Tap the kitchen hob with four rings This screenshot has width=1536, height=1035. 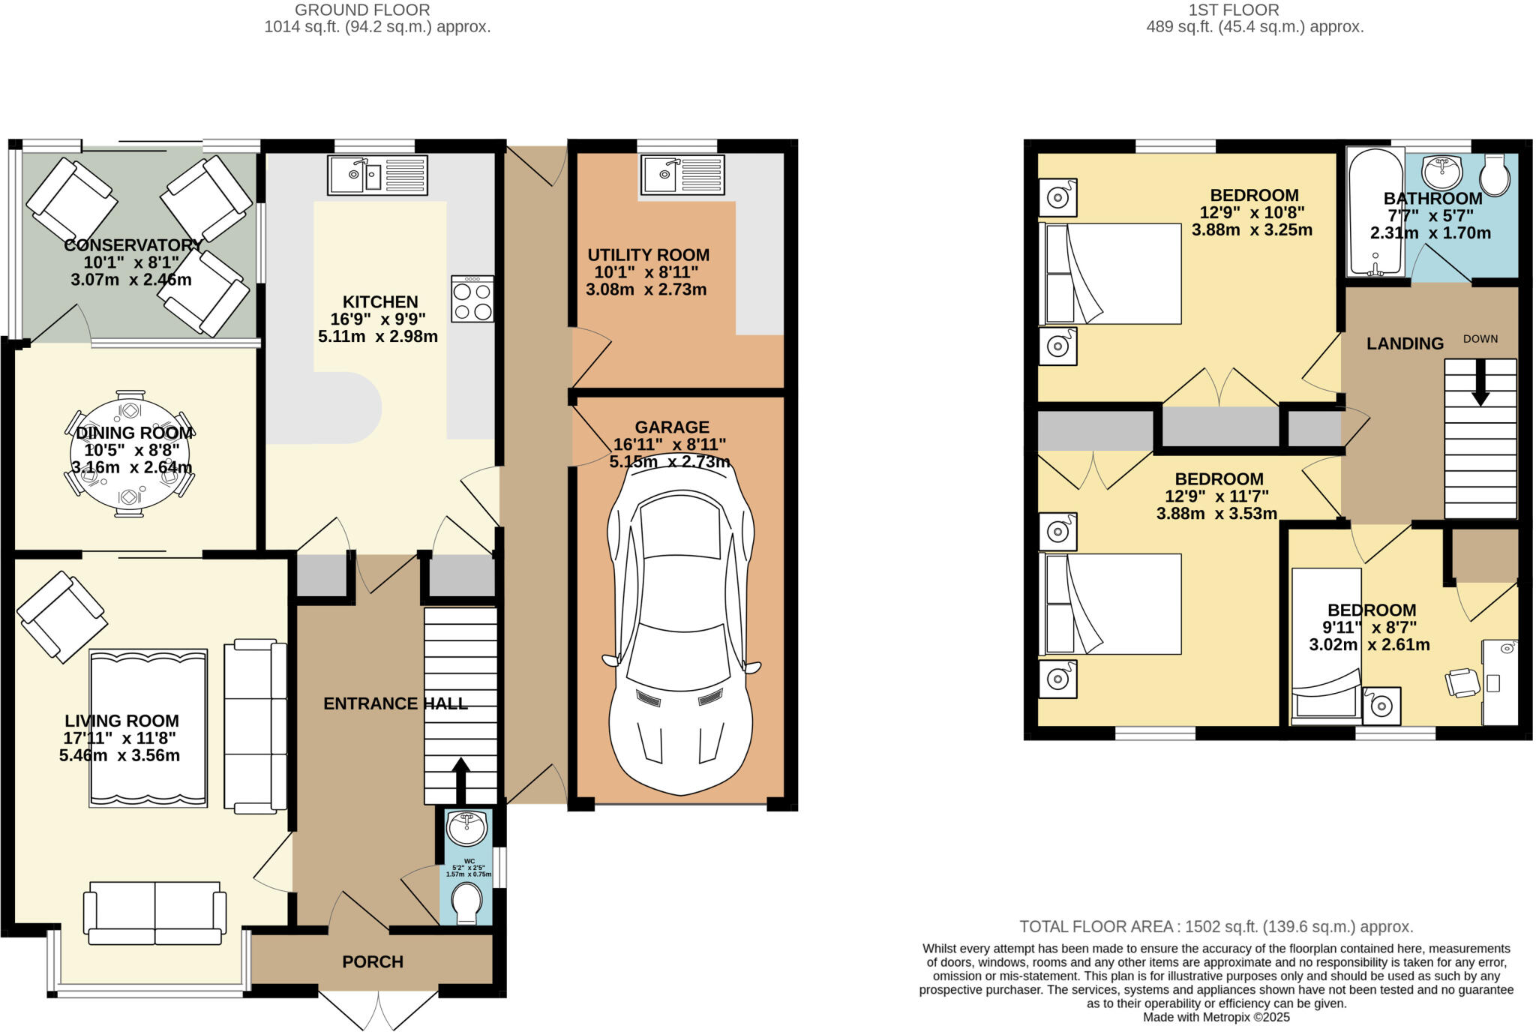click(472, 298)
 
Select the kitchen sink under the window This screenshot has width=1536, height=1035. click(377, 175)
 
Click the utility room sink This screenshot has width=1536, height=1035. click(682, 175)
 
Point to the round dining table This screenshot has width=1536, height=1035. click(130, 454)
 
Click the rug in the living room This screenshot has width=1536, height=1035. click(148, 727)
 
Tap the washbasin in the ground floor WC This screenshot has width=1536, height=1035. click(466, 828)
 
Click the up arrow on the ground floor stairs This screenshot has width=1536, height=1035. click(460, 780)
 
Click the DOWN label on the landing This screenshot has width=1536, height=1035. click(1480, 339)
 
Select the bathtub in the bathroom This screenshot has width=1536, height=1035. click(1375, 212)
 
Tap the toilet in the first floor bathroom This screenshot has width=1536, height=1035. click(1494, 175)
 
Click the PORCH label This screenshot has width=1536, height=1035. click(373, 961)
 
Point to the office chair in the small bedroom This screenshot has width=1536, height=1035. click(1462, 682)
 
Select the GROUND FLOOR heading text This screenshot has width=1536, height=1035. click(362, 10)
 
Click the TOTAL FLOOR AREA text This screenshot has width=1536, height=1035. click(1215, 926)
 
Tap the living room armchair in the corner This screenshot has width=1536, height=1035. click(62, 616)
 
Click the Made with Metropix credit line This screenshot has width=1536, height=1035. click(1216, 1018)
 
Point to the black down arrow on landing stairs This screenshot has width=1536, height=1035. click(1480, 383)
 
